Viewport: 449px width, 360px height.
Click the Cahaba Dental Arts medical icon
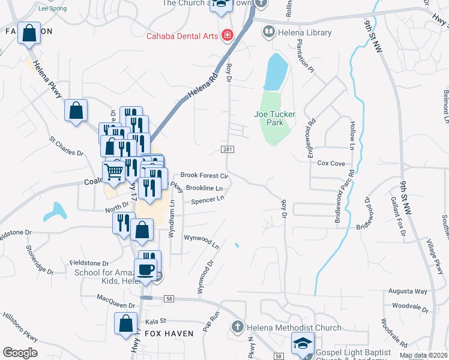click(x=228, y=35)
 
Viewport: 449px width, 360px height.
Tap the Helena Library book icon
click(x=269, y=31)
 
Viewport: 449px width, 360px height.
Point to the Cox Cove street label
click(x=331, y=163)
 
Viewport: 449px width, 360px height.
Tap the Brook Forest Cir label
click(x=205, y=176)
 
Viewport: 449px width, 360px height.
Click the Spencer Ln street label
click(x=207, y=199)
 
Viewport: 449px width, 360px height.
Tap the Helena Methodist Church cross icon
click(x=238, y=328)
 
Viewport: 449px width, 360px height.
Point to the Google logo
click(x=20, y=353)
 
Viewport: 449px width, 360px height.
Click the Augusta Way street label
click(x=408, y=291)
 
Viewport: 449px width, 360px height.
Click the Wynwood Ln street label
click(x=201, y=241)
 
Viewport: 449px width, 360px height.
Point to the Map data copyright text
click(x=423, y=355)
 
